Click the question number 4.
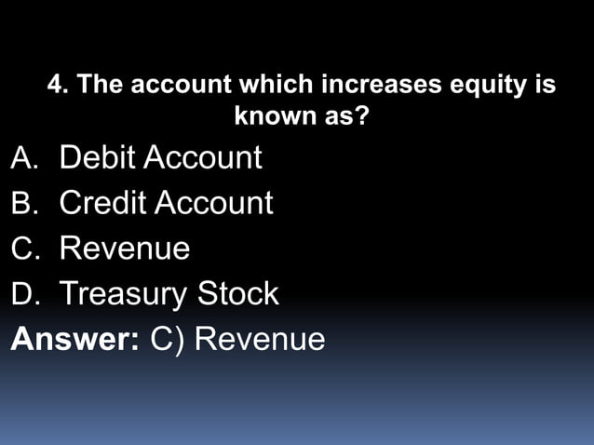pyautogui.click(x=58, y=86)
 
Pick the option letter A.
pyautogui.click(x=25, y=158)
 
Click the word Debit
pyautogui.click(x=99, y=157)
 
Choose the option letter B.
pyautogui.click(x=25, y=203)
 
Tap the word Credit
pyautogui.click(x=103, y=202)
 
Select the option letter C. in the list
pyautogui.click(x=25, y=249)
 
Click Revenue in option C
pyautogui.click(x=125, y=249)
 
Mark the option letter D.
pyautogui.click(x=25, y=294)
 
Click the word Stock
pyautogui.click(x=237, y=293)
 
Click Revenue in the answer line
pyautogui.click(x=260, y=339)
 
